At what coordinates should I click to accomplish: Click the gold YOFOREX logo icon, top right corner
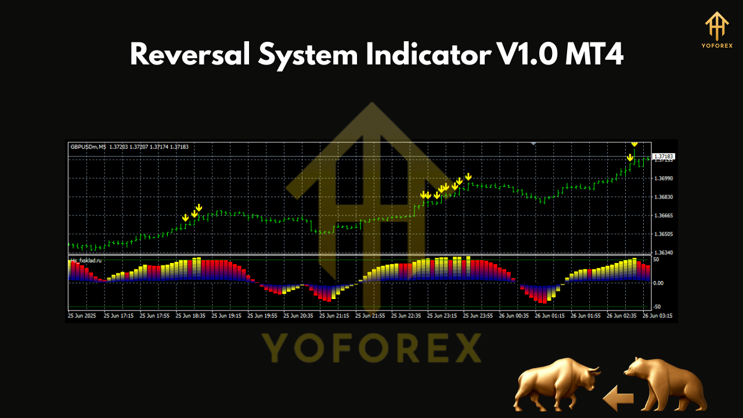click(x=717, y=27)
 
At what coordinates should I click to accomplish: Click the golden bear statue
click(x=665, y=384)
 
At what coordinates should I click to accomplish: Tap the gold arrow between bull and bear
click(x=618, y=399)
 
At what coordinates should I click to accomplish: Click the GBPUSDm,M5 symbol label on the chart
click(x=88, y=147)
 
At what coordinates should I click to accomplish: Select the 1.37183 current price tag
click(x=663, y=157)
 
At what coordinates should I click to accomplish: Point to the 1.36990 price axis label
click(x=663, y=178)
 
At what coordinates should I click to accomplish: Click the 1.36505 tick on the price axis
click(x=663, y=235)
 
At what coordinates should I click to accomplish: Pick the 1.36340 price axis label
click(x=663, y=253)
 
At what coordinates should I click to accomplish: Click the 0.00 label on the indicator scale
click(x=659, y=283)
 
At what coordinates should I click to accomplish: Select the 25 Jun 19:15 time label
click(x=226, y=316)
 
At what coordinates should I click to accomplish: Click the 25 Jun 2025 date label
click(x=82, y=316)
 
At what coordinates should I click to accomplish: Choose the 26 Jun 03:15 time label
click(x=658, y=316)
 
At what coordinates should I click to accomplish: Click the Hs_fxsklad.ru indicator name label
click(x=86, y=261)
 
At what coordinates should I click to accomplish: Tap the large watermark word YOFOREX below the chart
click(x=371, y=348)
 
